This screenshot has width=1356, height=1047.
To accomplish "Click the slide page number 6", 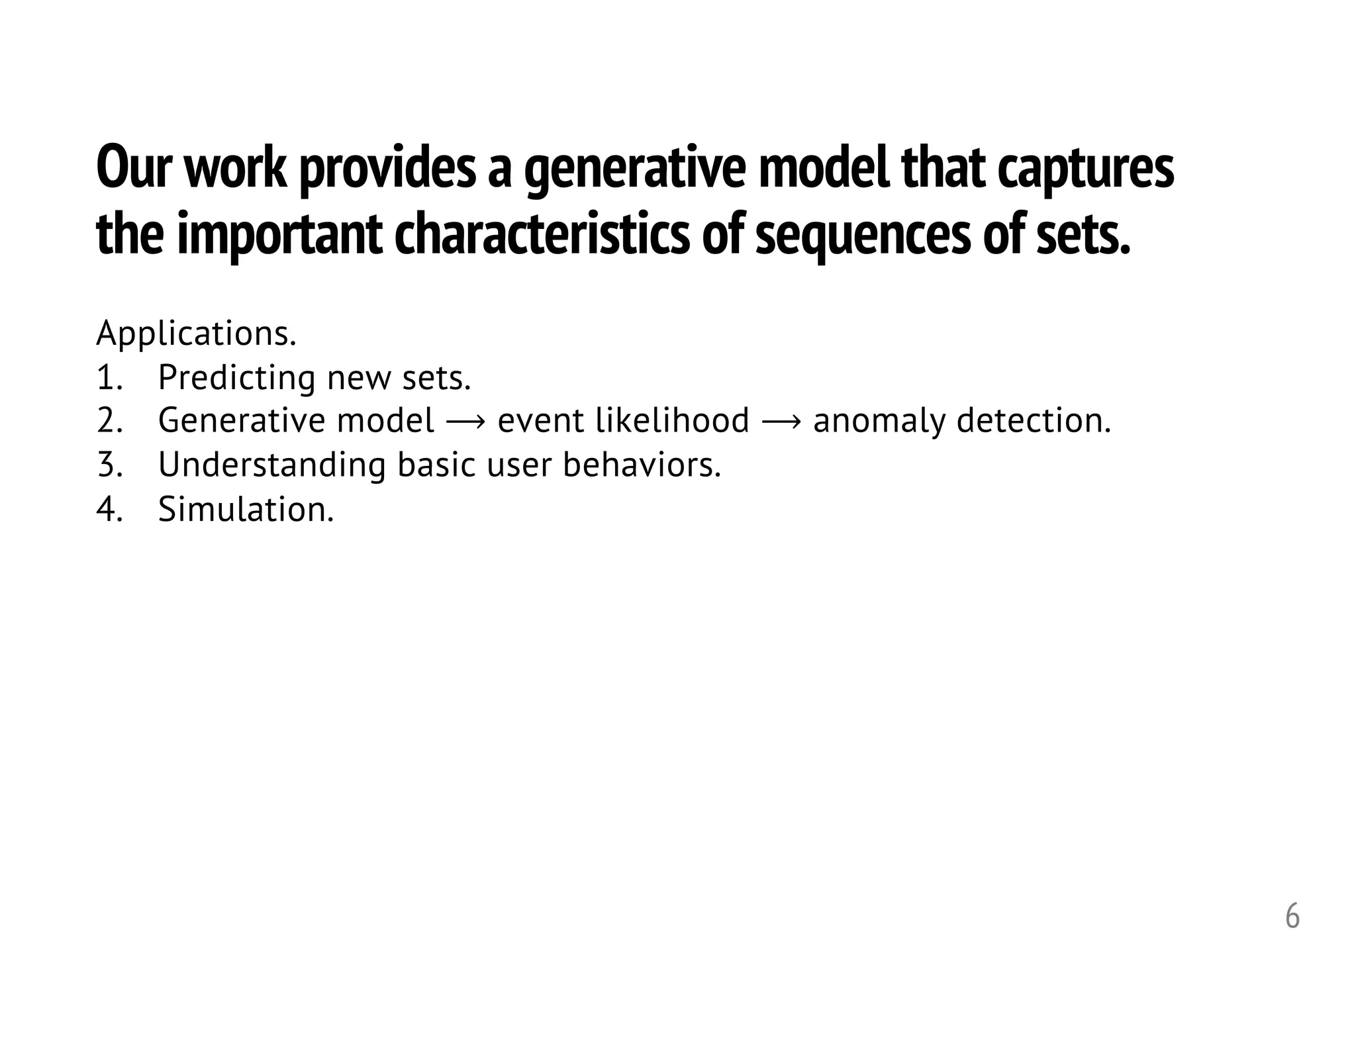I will tap(1292, 917).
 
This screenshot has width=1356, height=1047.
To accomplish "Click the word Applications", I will tap(196, 334).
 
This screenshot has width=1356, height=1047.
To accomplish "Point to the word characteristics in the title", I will tap(541, 236).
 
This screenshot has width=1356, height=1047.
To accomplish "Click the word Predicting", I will tap(236, 379).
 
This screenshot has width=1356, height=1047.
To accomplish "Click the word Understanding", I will tap(271, 465).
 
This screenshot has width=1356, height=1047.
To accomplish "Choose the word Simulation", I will tap(246, 510).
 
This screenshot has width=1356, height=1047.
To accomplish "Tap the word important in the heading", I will tap(279, 237).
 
